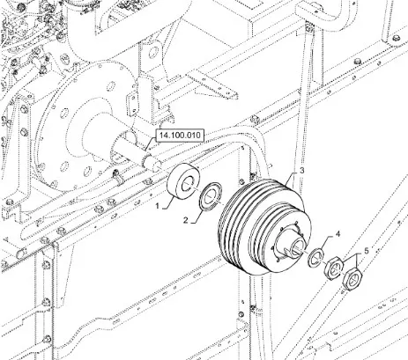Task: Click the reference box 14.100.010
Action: pos(180,136)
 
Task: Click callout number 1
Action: pos(158,206)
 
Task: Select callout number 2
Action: pos(185,220)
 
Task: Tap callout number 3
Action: pos(301,171)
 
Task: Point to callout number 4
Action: pos(338,234)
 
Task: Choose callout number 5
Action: pos(367,251)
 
